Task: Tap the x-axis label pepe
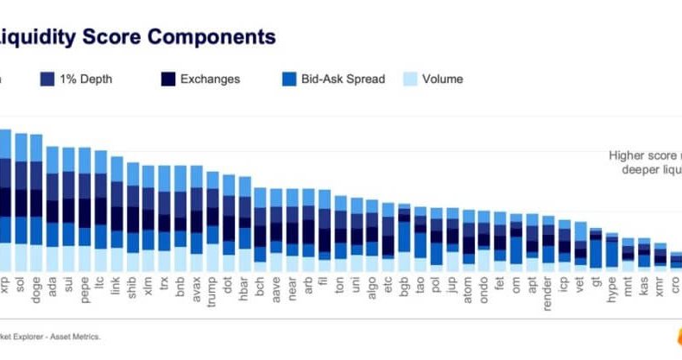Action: click(85, 282)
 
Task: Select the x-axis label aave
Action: click(275, 282)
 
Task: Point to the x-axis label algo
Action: click(371, 282)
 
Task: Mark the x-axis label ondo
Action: click(483, 282)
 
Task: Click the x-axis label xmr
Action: click(660, 281)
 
